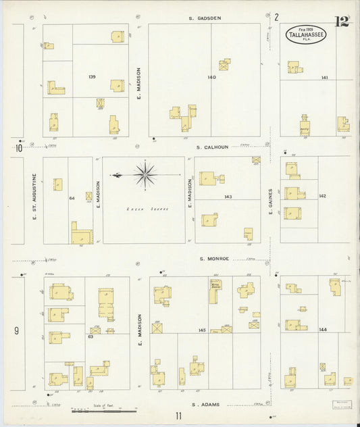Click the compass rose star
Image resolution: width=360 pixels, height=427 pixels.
coord(145,175)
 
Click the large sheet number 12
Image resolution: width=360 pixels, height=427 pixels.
coord(341,21)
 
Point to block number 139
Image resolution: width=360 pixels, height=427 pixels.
coord(92,77)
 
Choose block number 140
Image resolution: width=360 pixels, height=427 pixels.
coord(212,78)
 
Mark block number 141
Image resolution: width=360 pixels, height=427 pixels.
coord(325,78)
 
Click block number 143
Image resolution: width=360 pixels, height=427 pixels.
coord(228,197)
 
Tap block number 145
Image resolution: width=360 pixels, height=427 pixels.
coord(202,330)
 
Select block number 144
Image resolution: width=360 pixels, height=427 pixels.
coord(323,330)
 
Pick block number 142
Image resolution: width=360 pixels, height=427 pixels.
coord(323,196)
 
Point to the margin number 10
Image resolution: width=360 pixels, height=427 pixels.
coord(19,148)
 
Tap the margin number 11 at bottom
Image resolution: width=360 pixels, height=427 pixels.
coord(178,416)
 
